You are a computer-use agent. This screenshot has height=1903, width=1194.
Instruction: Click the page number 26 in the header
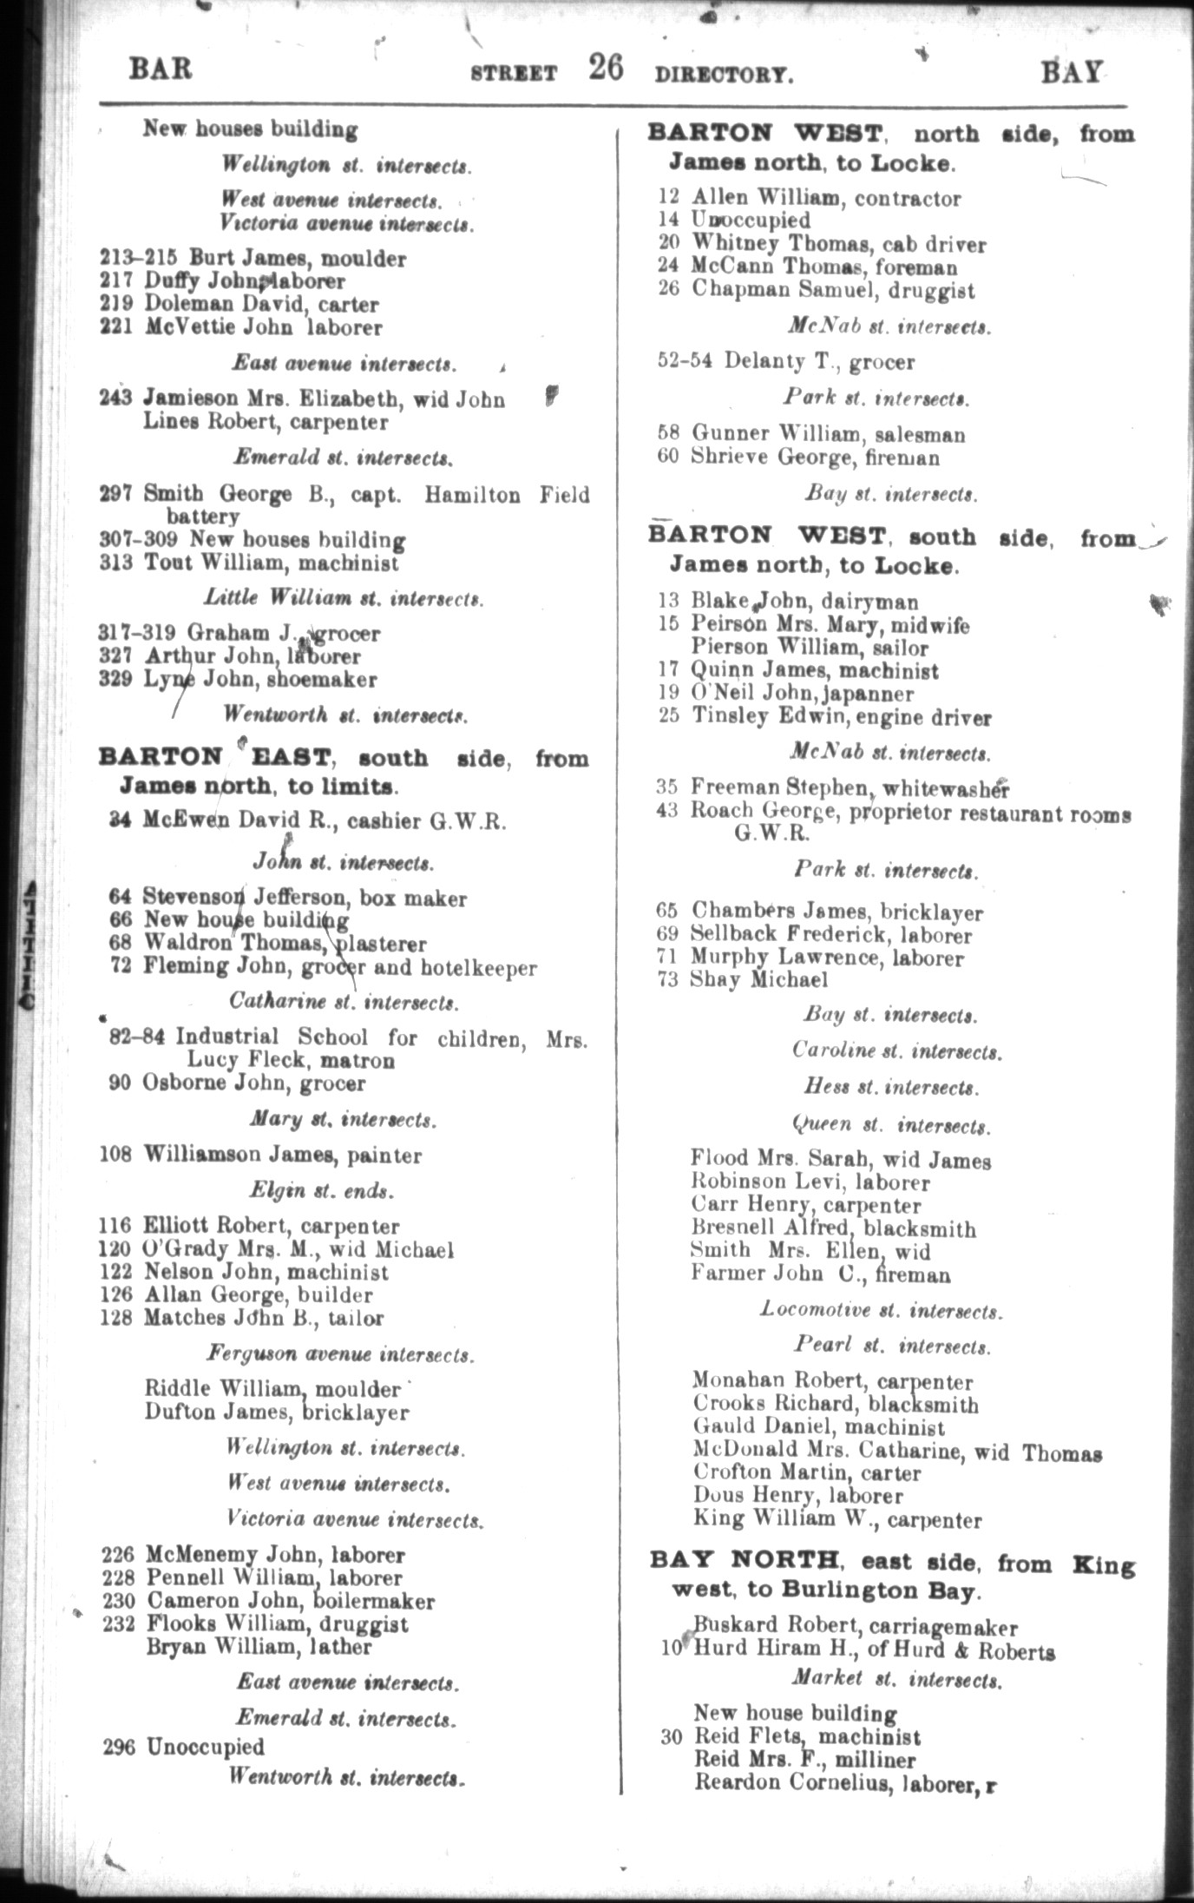(x=605, y=67)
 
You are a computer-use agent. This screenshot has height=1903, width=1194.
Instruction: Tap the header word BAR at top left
(x=161, y=69)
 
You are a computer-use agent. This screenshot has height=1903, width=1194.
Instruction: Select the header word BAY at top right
(x=1072, y=72)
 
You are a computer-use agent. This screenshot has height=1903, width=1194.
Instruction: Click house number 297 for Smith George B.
(x=115, y=495)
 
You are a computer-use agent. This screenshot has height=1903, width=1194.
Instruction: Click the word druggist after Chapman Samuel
(x=933, y=291)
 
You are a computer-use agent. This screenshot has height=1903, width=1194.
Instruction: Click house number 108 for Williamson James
(x=116, y=1155)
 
